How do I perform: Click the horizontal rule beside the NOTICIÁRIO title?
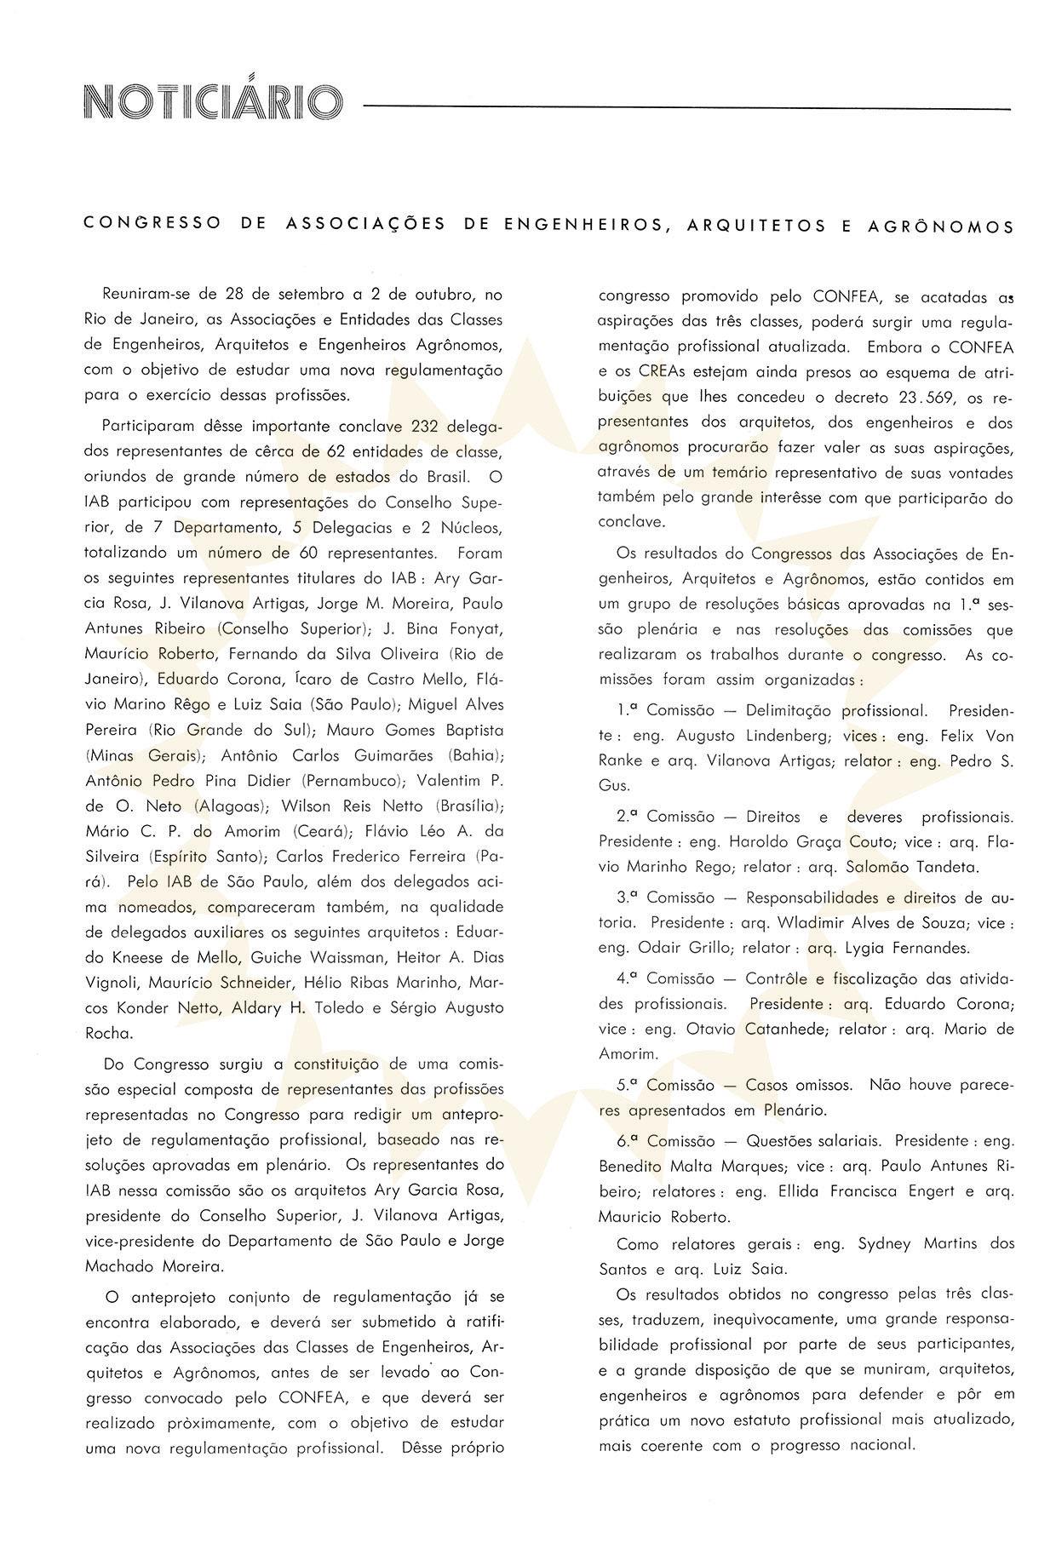tap(686, 109)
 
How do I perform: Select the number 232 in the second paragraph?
tap(424, 427)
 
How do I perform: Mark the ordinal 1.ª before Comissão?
tap(628, 710)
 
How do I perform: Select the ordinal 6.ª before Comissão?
tap(628, 1141)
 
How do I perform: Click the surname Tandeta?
tap(941, 869)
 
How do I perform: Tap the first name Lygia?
tap(868, 948)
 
